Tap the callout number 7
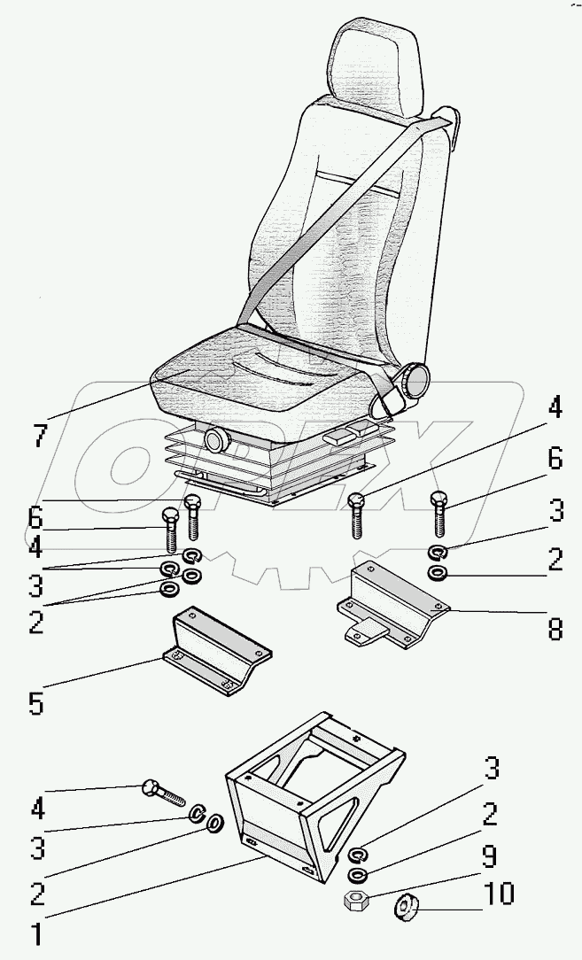point(38,435)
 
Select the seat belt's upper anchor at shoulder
point(448,120)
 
